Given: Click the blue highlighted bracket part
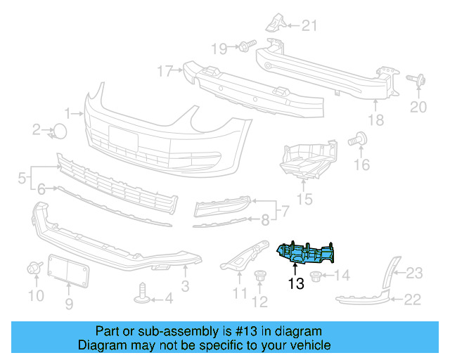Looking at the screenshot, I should pyautogui.click(x=307, y=253).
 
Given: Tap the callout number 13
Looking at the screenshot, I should pyautogui.click(x=296, y=284).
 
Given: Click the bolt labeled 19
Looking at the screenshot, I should pyautogui.click(x=244, y=47).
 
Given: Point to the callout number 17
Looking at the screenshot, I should pyautogui.click(x=165, y=70).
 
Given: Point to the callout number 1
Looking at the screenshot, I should pyautogui.click(x=68, y=112).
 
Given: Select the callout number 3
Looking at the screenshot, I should pyautogui.click(x=185, y=286).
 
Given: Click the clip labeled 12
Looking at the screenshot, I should pyautogui.click(x=261, y=278).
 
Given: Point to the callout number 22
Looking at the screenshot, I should pyautogui.click(x=413, y=300).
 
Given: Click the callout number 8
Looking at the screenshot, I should pyautogui.click(x=265, y=220).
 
